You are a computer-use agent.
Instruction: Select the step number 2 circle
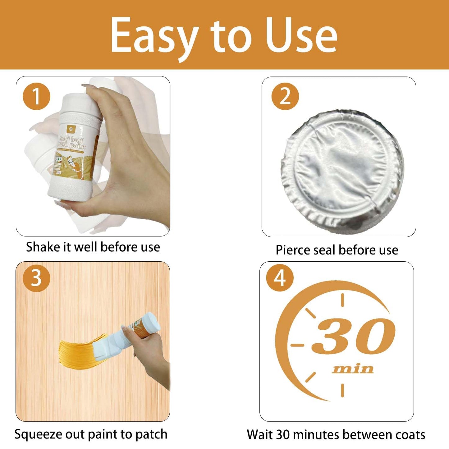[285, 96]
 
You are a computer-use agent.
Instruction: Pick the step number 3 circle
[36, 278]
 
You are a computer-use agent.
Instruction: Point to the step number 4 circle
[280, 278]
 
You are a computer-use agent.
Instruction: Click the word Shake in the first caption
[43, 247]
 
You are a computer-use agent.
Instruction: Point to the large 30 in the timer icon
[354, 336]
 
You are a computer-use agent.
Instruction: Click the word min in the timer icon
[353, 369]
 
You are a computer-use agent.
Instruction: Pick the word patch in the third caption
[152, 434]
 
